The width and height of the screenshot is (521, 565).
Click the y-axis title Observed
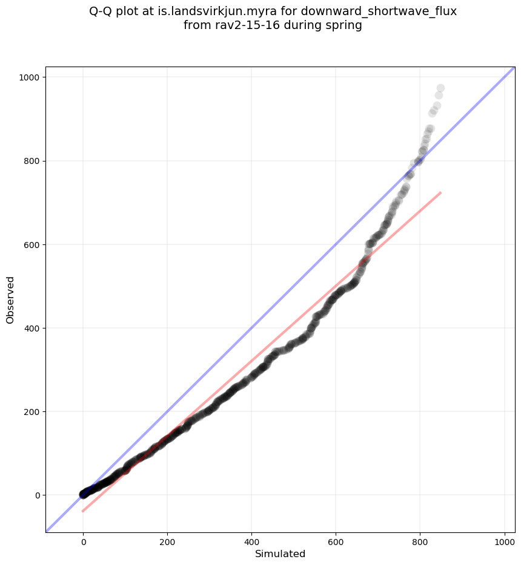tap(10, 299)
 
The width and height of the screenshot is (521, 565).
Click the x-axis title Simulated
tap(280, 554)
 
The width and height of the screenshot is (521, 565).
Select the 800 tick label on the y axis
tap(32, 161)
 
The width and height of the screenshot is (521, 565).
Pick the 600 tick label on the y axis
tap(32, 244)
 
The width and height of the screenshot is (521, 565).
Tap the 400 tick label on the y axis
tap(32, 328)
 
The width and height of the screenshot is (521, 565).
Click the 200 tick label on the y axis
tap(32, 411)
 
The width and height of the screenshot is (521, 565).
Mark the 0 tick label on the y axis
tap(37, 495)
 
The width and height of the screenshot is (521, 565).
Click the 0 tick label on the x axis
tap(84, 541)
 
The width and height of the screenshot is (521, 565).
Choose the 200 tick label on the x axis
tap(168, 541)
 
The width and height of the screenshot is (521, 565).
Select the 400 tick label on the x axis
tap(252, 541)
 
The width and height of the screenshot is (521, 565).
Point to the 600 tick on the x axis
tap(336, 541)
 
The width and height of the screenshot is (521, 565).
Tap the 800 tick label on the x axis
tap(420, 541)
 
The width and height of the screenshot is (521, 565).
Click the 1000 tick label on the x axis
tap(505, 541)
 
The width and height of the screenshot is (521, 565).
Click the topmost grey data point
tap(440, 88)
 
